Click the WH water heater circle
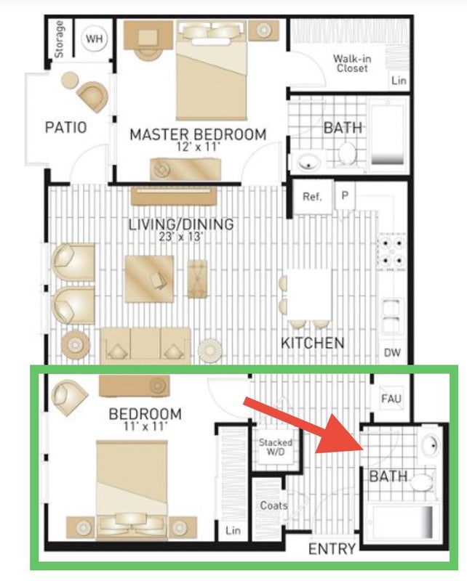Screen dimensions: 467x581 tap(95, 38)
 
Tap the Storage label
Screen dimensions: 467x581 tap(59, 39)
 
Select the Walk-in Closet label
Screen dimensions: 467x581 tap(351, 63)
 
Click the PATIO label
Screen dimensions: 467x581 tap(66, 128)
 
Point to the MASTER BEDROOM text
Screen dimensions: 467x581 tap(198, 134)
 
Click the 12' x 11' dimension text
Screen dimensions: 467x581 tap(198, 147)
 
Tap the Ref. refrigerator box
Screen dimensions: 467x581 tap(312, 196)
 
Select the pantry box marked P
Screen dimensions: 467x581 tap(345, 195)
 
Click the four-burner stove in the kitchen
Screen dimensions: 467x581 tap(392, 251)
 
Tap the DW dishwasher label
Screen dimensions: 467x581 tap(392, 352)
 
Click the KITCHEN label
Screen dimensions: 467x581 tap(313, 343)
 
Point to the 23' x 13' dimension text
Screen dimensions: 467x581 tap(180, 237)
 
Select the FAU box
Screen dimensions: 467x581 tap(391, 398)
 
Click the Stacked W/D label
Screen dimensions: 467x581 tap(276, 447)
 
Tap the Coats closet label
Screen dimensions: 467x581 tap(274, 505)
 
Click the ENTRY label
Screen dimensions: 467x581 tap(332, 549)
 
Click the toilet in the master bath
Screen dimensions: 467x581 tap(348, 153)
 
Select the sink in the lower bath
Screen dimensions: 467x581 tap(431, 444)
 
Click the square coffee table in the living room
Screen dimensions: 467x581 tap(149, 279)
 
